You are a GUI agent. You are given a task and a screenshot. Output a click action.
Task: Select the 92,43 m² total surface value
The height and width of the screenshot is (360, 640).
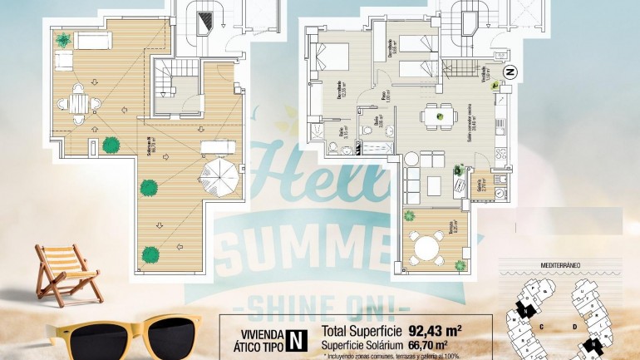[435, 329]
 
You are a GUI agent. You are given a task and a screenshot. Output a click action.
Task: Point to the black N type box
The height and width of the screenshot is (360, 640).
[294, 339]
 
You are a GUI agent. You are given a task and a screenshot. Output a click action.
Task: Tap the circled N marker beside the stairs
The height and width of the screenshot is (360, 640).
[511, 72]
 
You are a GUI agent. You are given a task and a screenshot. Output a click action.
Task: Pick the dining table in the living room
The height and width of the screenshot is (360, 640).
[436, 114]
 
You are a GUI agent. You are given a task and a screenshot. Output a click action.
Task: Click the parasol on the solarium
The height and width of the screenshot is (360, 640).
[220, 176]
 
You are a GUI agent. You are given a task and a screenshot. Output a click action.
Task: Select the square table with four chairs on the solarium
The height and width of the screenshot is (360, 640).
[79, 103]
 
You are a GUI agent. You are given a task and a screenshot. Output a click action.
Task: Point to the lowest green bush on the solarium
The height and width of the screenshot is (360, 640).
[150, 254]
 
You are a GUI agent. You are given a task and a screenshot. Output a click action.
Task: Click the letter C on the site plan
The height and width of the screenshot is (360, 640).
[541, 327]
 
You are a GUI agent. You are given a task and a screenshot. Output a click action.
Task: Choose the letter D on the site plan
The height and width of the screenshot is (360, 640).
[574, 327]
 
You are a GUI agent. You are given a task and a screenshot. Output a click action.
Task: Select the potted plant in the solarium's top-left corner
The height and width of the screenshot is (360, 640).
[64, 39]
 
